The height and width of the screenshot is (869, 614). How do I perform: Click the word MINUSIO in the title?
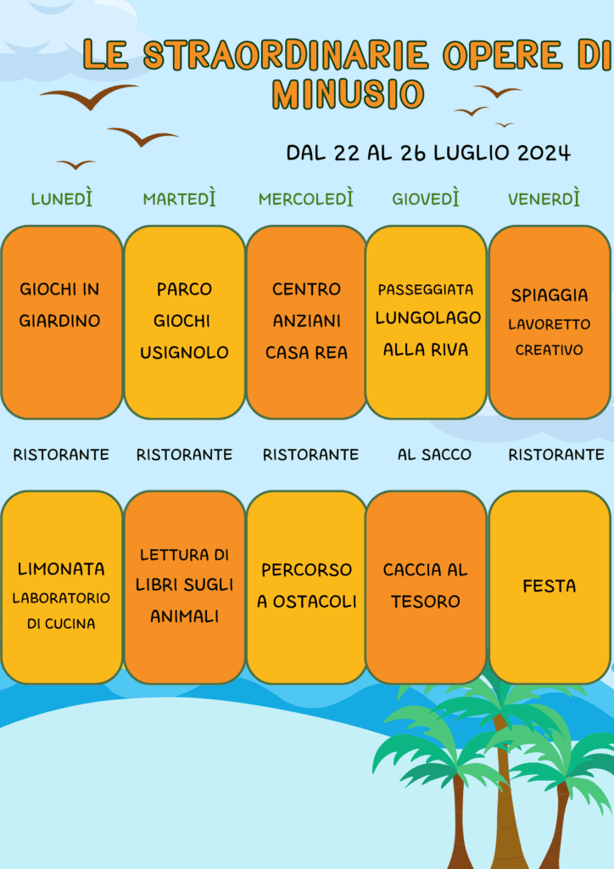[x=349, y=93]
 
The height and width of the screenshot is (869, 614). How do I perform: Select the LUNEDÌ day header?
[x=61, y=198]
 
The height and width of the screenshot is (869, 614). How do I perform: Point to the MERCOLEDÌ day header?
[x=305, y=198]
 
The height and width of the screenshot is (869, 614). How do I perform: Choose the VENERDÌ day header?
[x=544, y=198]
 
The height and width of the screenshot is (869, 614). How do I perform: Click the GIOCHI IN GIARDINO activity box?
[x=61, y=322]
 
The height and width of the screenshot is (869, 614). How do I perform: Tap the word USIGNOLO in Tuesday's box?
[x=184, y=352]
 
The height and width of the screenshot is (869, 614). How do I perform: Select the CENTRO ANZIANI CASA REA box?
[x=307, y=322]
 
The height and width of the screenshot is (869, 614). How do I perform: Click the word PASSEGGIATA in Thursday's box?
[x=426, y=289]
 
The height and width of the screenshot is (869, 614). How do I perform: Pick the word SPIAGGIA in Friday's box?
[x=550, y=295]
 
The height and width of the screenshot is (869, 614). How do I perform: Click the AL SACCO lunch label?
[x=434, y=455]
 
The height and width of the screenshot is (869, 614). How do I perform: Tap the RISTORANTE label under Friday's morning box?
[x=556, y=455]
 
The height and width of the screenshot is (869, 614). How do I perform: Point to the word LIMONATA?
[x=61, y=569]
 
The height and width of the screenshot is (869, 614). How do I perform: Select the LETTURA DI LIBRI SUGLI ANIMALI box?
[x=184, y=587]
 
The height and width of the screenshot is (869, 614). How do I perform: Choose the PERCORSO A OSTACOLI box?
[x=307, y=587]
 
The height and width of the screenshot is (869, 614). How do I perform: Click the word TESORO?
[x=426, y=602]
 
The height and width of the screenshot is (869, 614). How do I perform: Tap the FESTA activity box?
[x=550, y=587]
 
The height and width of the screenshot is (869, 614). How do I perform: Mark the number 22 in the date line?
[x=347, y=153]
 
